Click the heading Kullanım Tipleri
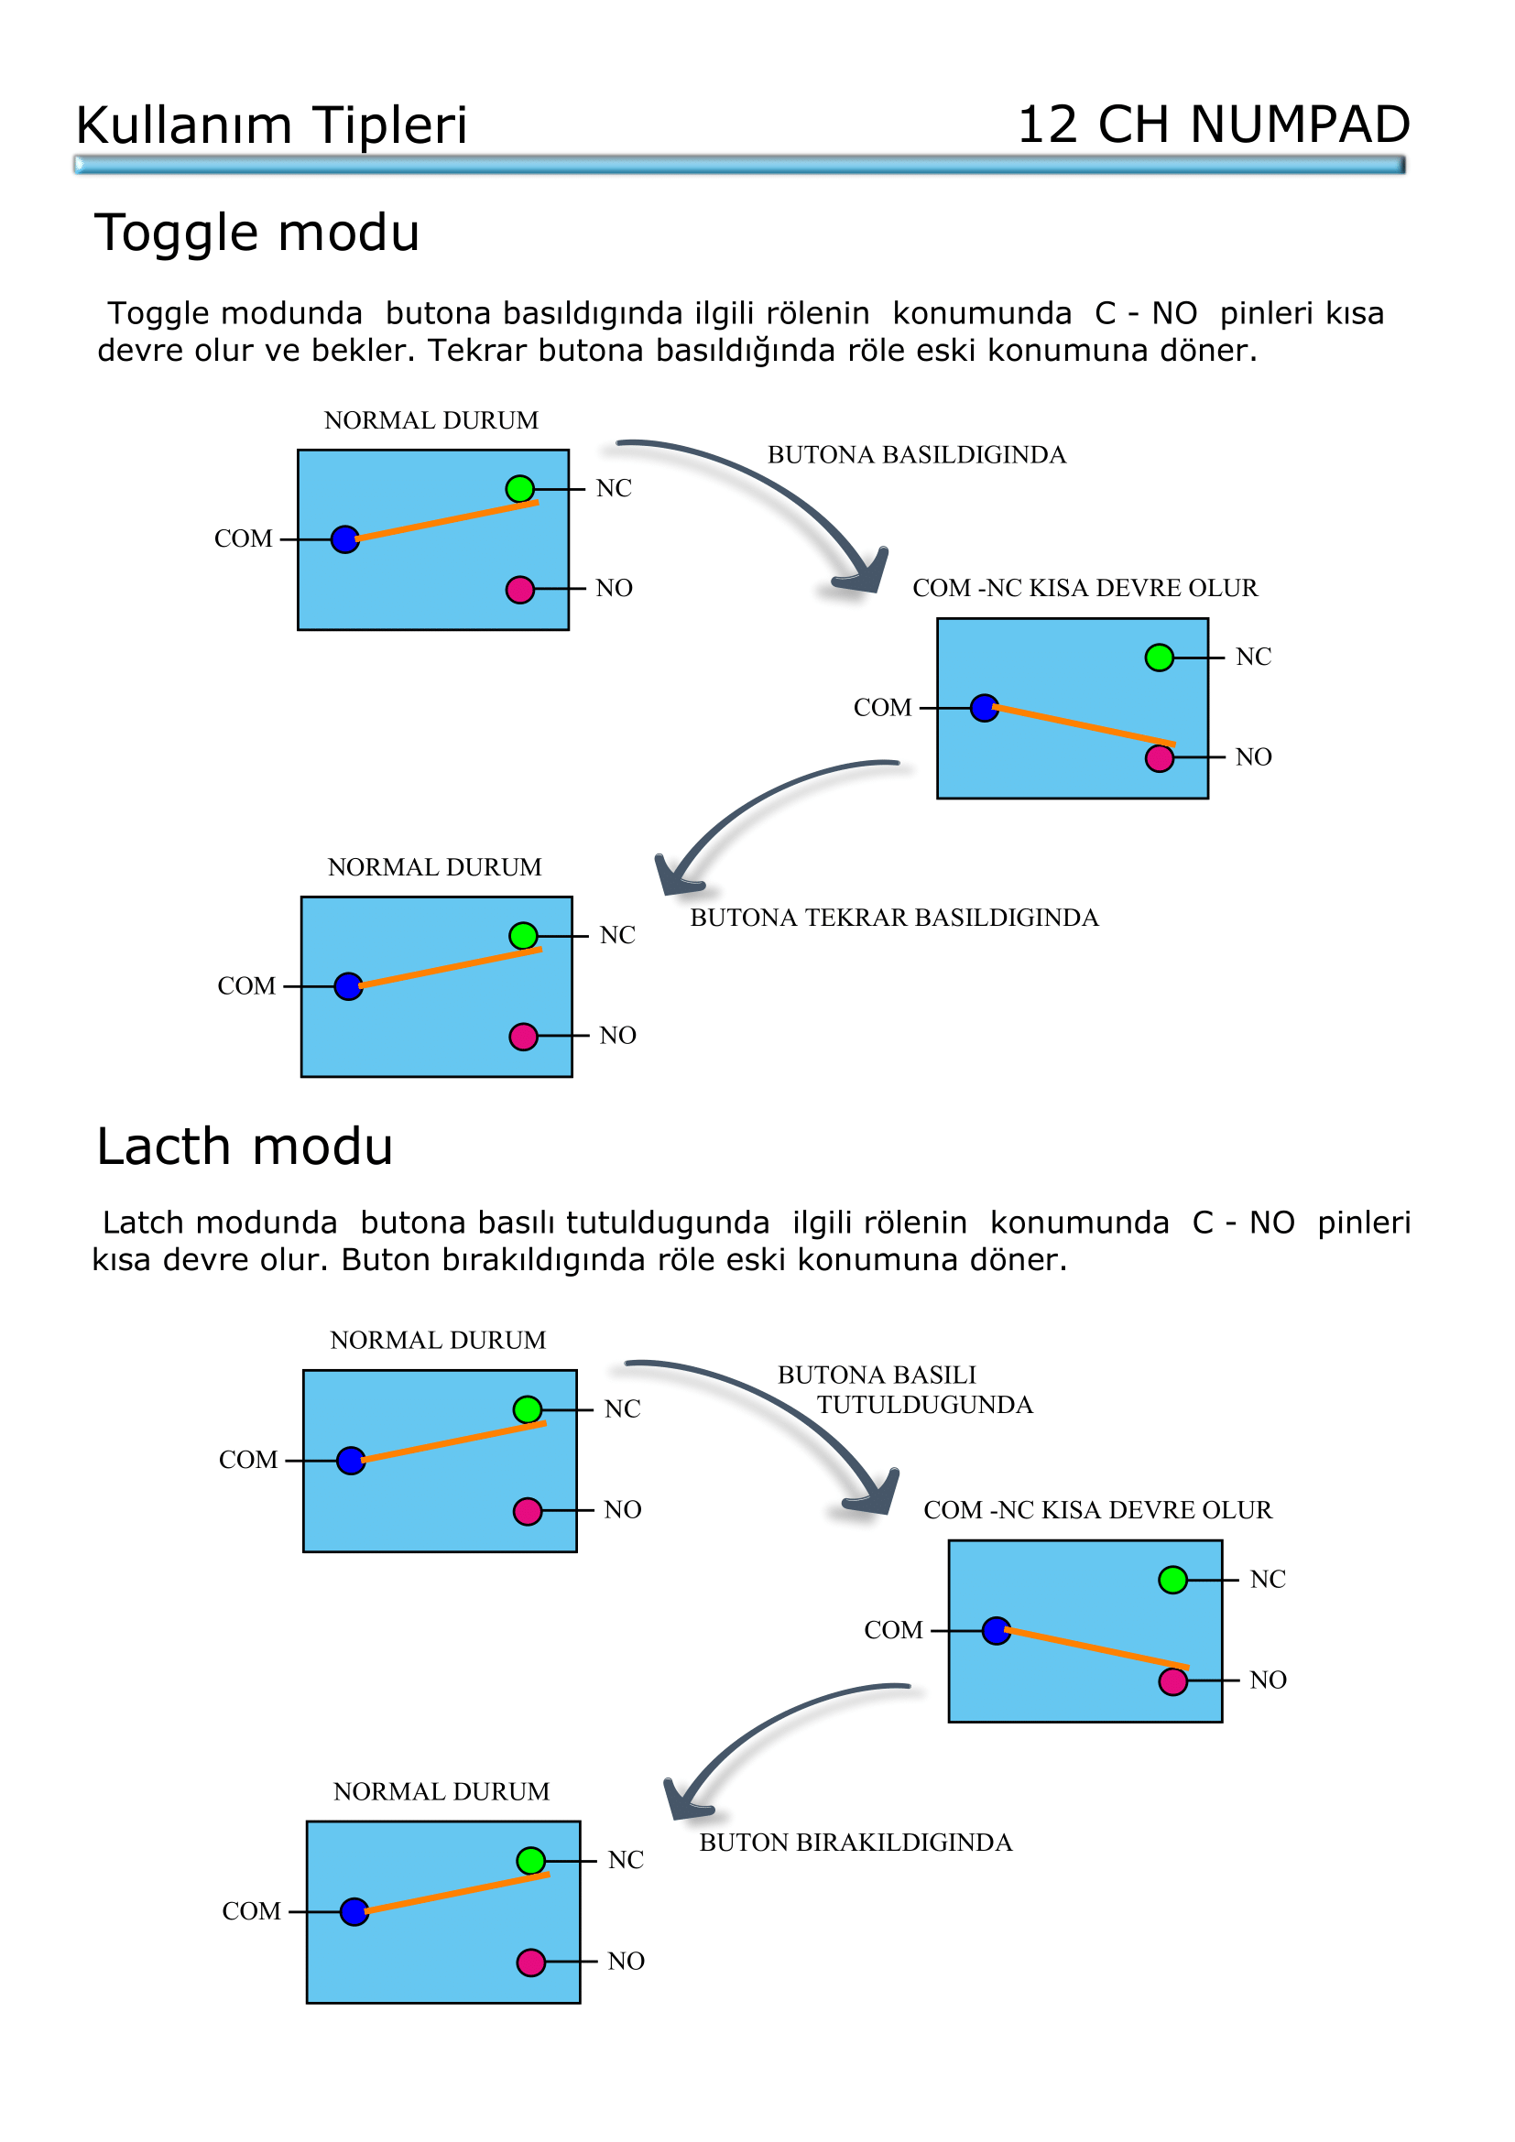point(270,126)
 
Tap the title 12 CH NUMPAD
point(1213,126)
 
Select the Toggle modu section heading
point(256,234)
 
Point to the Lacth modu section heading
point(245,1147)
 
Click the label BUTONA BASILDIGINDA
point(916,455)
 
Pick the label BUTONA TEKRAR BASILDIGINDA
point(894,918)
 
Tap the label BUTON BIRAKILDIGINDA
point(856,1843)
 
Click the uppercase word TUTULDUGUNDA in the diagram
point(924,1405)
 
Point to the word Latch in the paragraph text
point(141,1223)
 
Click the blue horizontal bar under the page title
point(739,165)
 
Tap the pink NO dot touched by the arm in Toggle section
point(1159,758)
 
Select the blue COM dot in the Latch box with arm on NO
point(997,1631)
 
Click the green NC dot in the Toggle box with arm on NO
point(1159,658)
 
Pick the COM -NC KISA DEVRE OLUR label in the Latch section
point(1097,1510)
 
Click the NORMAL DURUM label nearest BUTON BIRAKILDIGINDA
point(441,1792)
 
